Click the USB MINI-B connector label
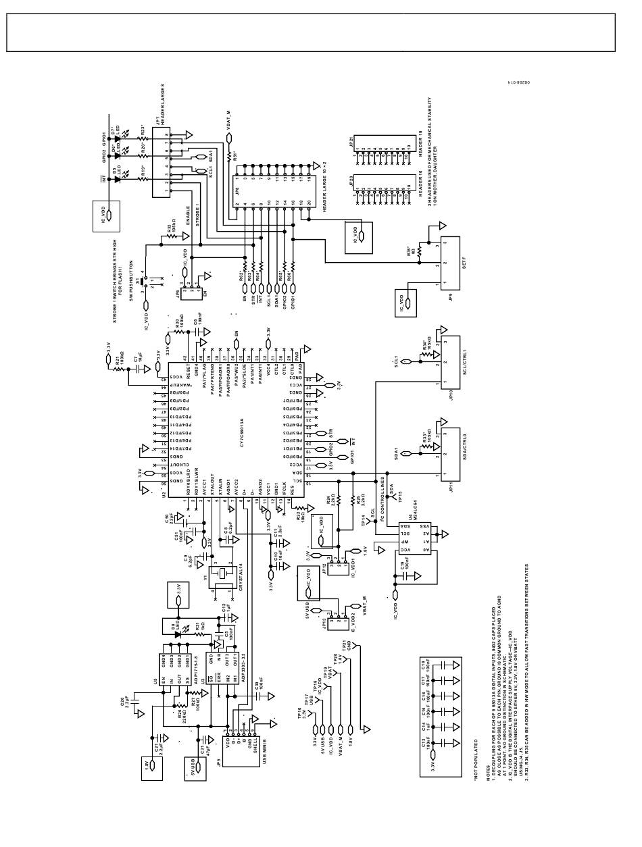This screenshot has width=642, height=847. [265, 750]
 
